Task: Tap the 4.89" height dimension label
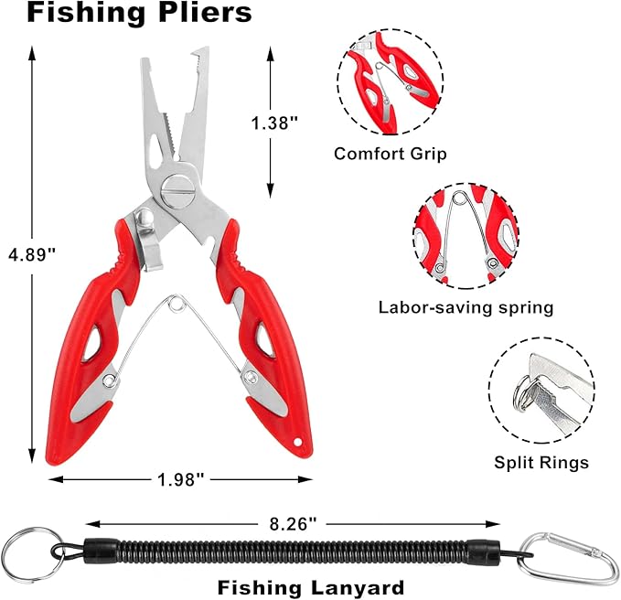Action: pos(31,252)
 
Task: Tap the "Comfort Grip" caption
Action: pos(391,154)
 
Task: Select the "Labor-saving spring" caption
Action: pos(466,307)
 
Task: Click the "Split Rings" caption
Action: pos(541,463)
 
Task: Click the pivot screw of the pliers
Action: pos(177,191)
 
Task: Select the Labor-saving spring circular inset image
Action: pos(466,235)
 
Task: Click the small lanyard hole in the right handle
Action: pos(295,445)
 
